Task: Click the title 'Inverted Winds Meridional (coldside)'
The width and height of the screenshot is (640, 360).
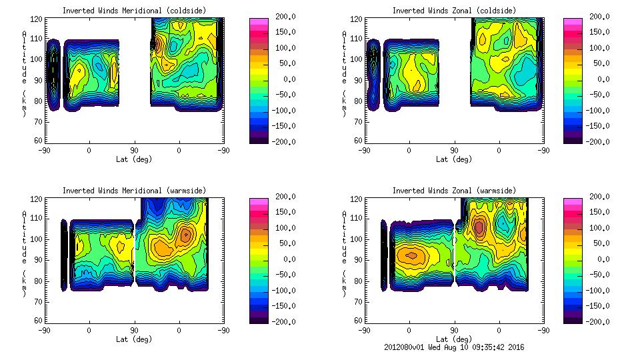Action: tap(134, 11)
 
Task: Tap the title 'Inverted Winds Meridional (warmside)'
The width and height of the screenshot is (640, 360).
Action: tap(134, 191)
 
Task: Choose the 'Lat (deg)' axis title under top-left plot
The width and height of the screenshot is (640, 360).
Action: tap(134, 159)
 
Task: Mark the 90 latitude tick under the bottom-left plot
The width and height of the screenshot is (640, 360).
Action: tap(134, 330)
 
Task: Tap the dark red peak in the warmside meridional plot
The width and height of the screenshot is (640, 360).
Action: tap(185, 234)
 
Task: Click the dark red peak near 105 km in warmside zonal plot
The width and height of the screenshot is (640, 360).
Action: tap(479, 227)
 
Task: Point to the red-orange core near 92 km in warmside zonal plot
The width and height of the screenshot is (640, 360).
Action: tap(411, 255)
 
